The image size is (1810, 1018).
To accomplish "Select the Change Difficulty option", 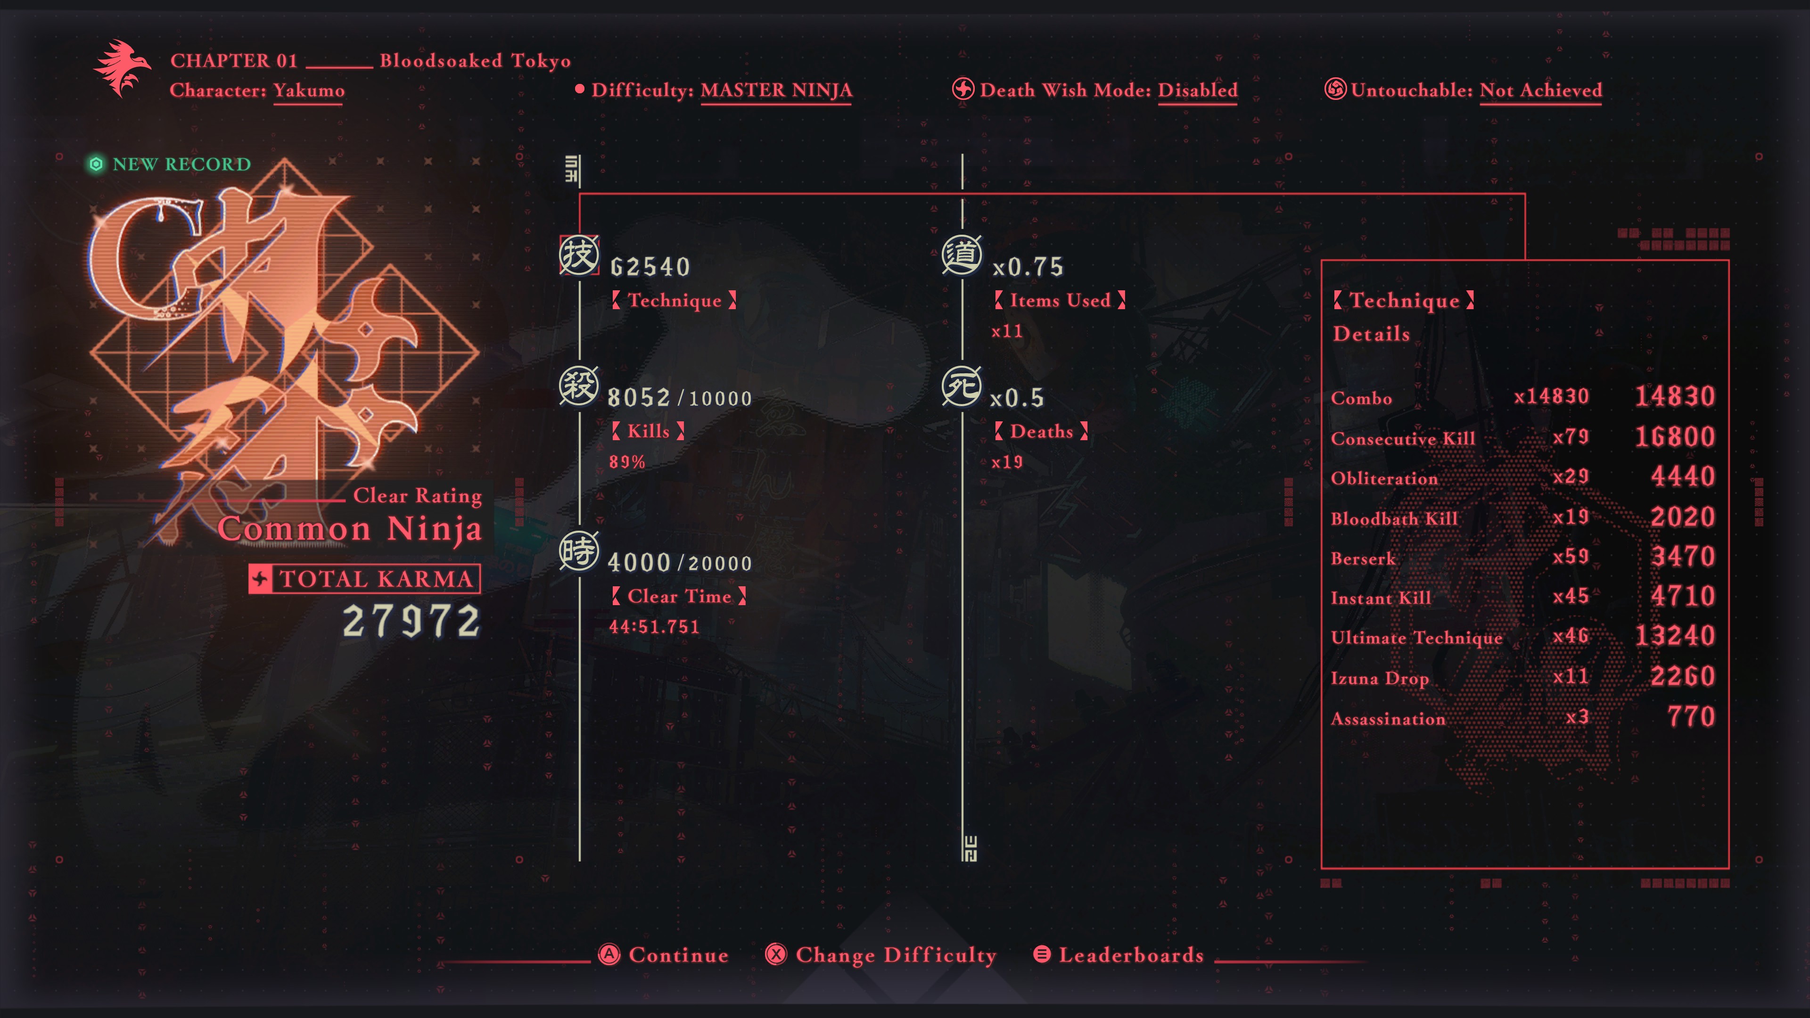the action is [881, 955].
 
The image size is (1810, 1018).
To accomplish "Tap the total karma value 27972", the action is [411, 621].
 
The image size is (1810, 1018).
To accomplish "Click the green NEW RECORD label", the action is [169, 164].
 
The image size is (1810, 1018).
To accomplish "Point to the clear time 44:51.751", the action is [654, 627].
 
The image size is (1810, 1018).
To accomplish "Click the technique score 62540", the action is [650, 267].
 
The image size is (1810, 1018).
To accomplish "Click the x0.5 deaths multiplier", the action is [1017, 398].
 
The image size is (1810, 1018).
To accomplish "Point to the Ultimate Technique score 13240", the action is [1675, 636].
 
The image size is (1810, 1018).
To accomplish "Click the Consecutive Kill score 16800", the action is [1675, 437].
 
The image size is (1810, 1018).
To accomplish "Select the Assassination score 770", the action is [1691, 716].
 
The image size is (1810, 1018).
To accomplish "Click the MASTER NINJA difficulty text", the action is [776, 90].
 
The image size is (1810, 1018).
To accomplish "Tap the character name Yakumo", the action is [308, 90].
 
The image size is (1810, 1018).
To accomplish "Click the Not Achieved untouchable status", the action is [1541, 90].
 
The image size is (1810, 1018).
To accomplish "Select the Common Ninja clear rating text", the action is [350, 528].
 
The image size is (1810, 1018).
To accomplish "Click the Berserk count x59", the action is [1571, 557].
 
